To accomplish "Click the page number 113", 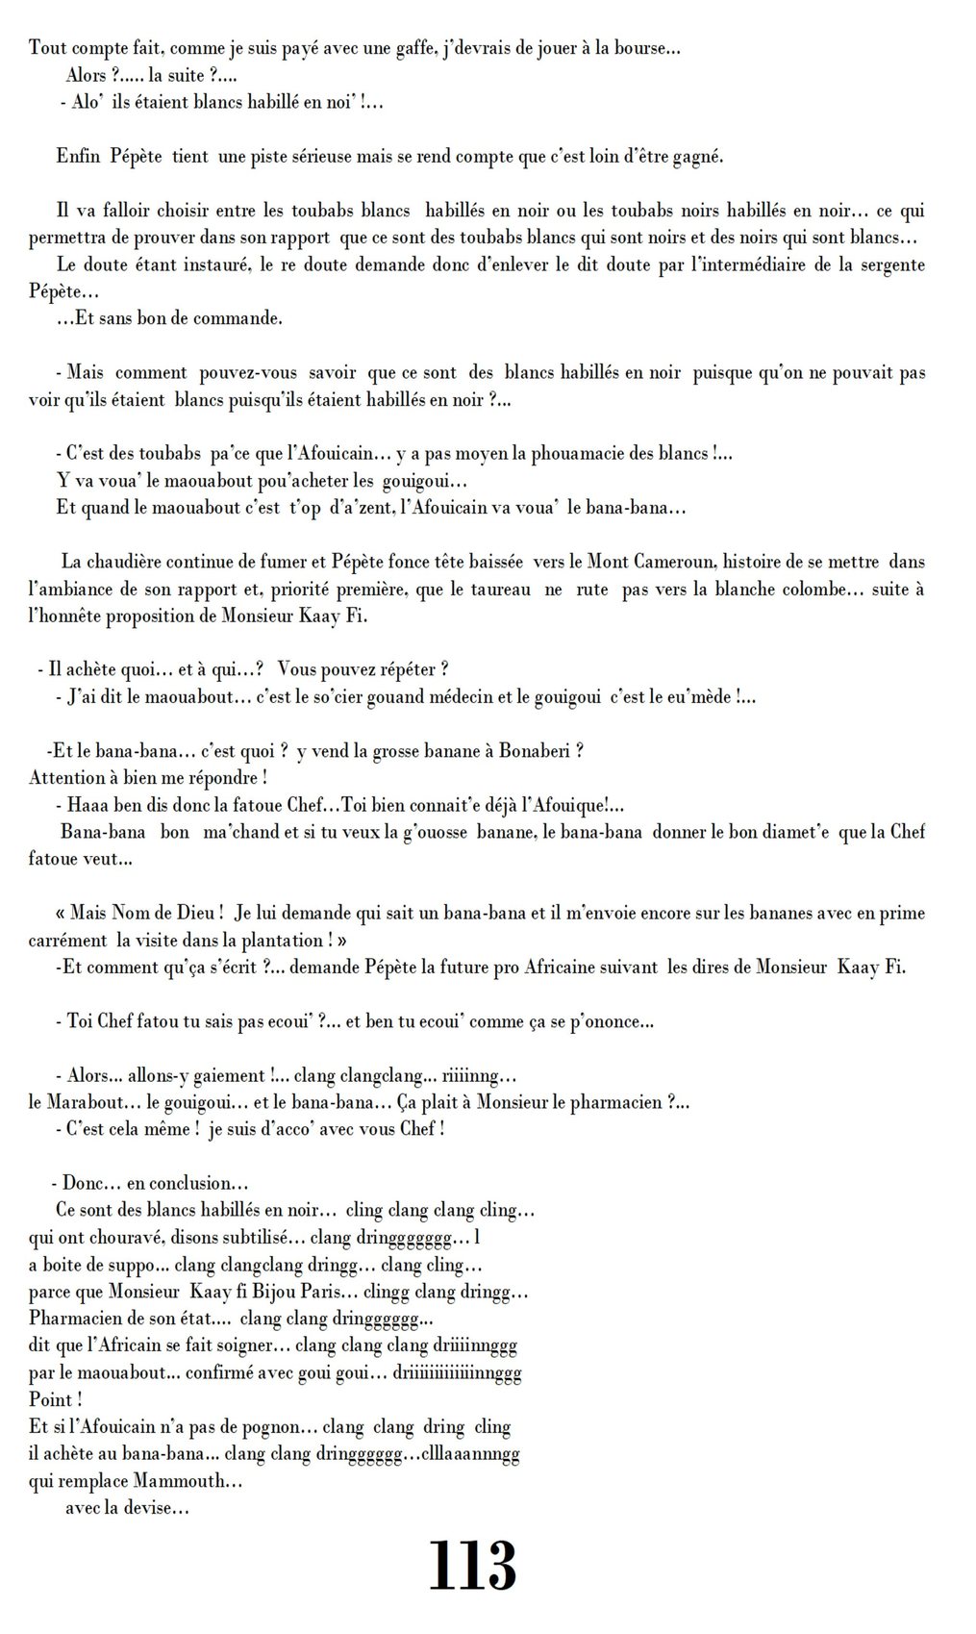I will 471,1567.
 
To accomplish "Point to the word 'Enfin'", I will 78,157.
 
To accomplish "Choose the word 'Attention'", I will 65,778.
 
